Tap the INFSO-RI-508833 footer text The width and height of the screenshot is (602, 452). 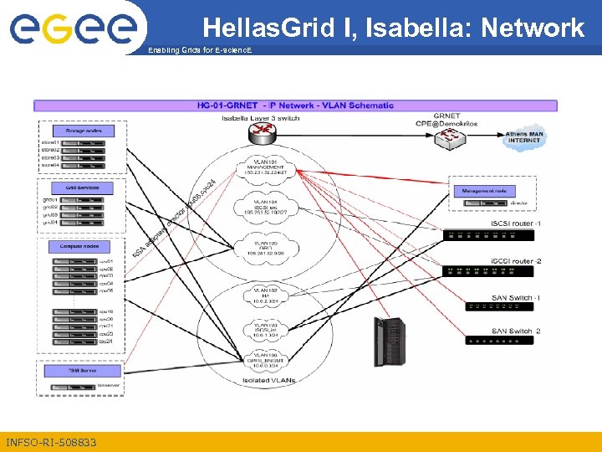pyautogui.click(x=51, y=442)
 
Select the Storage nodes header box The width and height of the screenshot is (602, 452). pyautogui.click(x=83, y=131)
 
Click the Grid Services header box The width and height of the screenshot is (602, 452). pyautogui.click(x=83, y=187)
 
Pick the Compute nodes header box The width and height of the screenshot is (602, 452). pyautogui.click(x=83, y=247)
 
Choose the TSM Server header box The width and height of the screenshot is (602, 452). pyautogui.click(x=83, y=370)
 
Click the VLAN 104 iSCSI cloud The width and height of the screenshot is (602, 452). pyautogui.click(x=266, y=208)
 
